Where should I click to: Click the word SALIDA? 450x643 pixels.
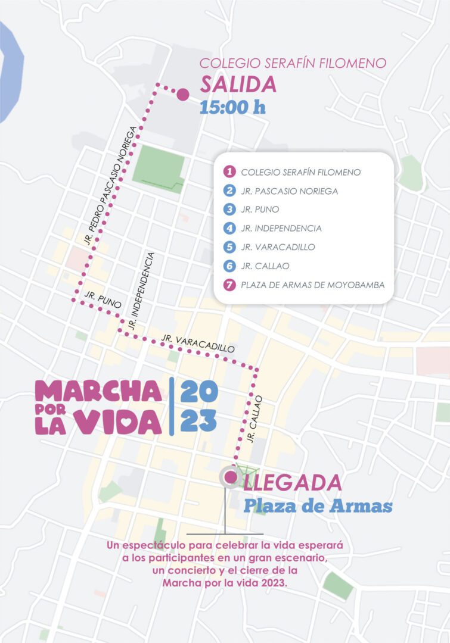238,85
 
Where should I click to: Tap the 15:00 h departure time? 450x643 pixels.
232,107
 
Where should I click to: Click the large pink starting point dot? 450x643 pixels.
182,94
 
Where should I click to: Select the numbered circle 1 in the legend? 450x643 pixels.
228,172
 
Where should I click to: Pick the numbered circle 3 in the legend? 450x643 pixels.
228,210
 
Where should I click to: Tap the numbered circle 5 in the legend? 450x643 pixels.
228,247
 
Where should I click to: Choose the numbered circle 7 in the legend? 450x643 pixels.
228,285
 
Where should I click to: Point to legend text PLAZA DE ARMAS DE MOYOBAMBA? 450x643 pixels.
312,285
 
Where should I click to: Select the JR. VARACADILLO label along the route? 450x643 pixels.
198,343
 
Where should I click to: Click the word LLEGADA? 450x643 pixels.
292,482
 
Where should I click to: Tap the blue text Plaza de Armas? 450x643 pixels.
318,506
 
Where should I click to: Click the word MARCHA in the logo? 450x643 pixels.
98,391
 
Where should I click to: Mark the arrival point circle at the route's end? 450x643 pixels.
229,476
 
